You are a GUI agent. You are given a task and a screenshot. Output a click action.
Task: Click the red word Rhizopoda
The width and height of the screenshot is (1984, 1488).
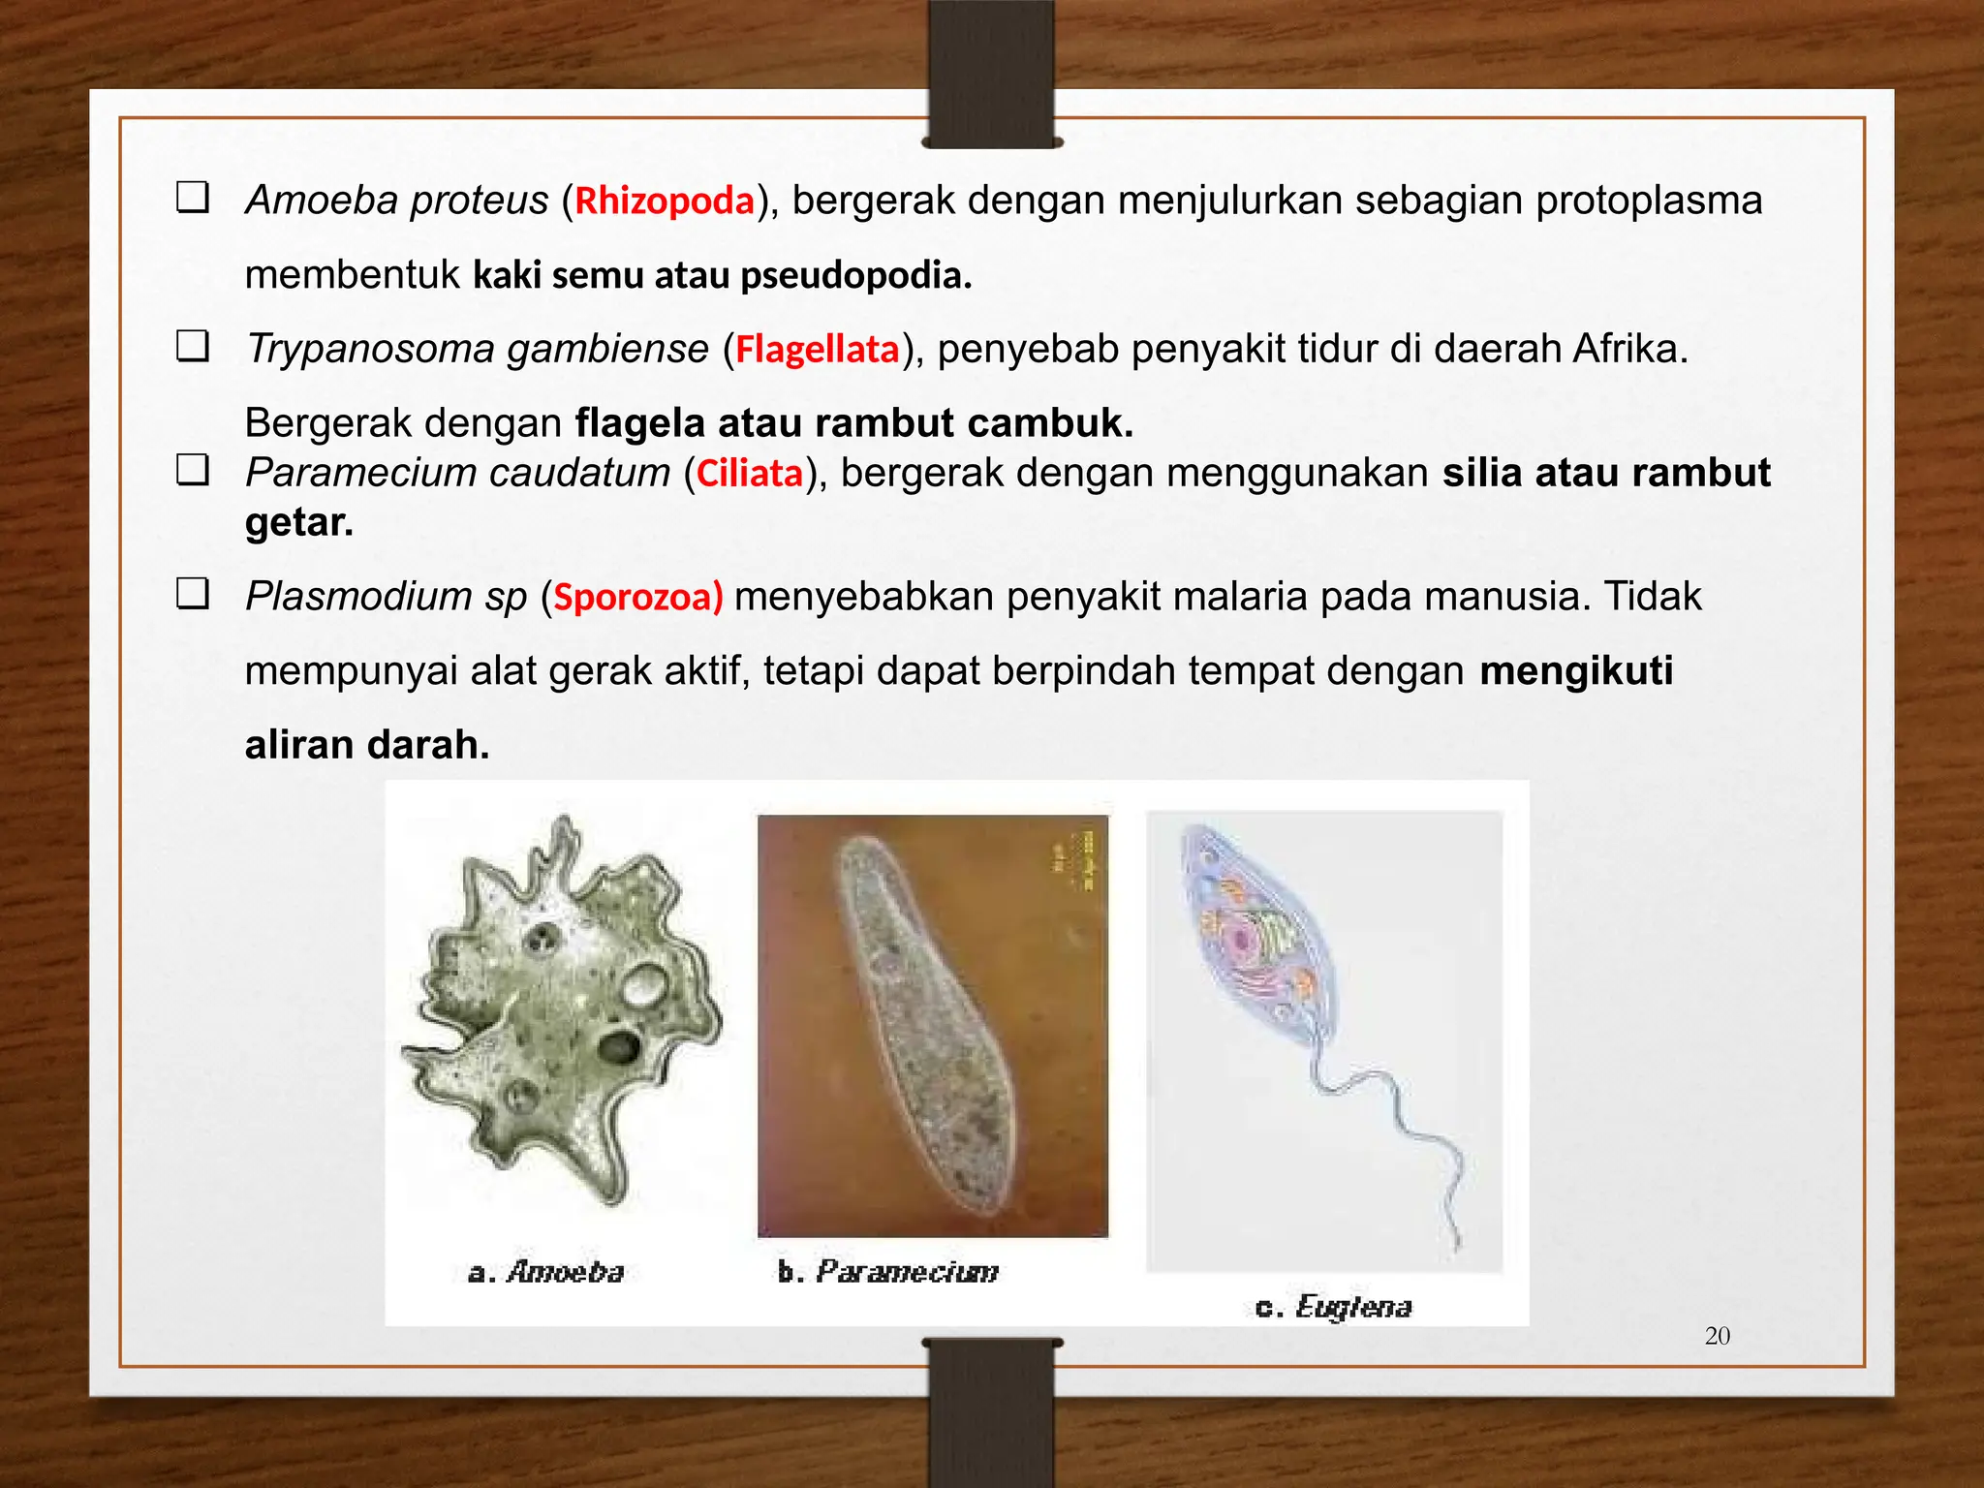665,201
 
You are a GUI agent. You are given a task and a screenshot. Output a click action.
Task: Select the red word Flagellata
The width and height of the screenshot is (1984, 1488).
817,350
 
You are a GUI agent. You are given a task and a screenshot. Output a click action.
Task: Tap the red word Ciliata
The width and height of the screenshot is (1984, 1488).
750,474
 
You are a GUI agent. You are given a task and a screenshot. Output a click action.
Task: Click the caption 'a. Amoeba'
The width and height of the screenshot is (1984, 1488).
545,1272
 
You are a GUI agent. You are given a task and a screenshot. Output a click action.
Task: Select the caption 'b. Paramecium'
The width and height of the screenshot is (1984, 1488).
887,1272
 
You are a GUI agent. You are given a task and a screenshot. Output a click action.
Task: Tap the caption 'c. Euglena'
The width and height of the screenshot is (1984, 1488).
1333,1308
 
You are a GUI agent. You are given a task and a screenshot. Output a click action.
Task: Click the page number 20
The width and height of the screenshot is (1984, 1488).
1717,1336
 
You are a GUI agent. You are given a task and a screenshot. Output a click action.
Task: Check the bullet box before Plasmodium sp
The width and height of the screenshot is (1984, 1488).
193,593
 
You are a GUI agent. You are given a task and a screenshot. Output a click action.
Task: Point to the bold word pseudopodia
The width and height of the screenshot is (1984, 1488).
855,276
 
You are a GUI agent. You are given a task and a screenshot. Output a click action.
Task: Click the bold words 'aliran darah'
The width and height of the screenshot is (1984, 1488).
366,745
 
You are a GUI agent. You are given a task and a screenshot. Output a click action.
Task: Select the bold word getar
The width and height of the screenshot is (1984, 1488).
298,523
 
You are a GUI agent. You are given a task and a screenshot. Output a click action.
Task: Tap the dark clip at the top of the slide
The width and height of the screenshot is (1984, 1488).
991,74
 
